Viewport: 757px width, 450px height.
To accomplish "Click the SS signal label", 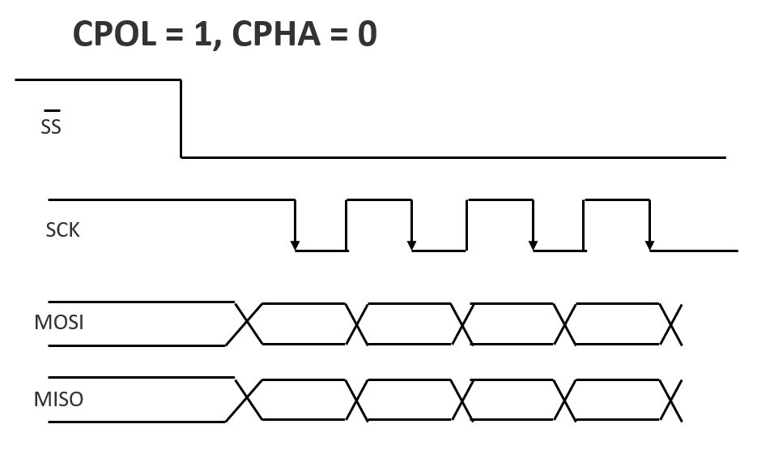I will [x=51, y=127].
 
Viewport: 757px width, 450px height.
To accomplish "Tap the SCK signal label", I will [x=62, y=230].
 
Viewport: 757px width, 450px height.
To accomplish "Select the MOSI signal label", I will [x=59, y=323].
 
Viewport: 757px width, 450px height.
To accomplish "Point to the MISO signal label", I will [x=58, y=400].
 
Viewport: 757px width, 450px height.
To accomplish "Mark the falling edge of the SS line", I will [x=181, y=118].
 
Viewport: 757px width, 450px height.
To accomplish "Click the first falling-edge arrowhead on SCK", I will [x=295, y=244].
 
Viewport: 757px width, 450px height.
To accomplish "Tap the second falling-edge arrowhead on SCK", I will [x=412, y=244].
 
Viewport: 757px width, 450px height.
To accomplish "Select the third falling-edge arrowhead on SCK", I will [x=533, y=244].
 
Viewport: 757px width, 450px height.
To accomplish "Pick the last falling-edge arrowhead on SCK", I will [x=649, y=244].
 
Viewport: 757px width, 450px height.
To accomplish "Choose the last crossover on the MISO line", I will [x=672, y=401].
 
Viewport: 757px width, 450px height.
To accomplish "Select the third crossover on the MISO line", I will [x=462, y=401].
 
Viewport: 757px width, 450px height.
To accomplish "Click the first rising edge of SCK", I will [x=346, y=225].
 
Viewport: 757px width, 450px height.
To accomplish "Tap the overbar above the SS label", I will [x=51, y=110].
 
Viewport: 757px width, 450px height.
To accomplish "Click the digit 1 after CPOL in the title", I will [x=204, y=34].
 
